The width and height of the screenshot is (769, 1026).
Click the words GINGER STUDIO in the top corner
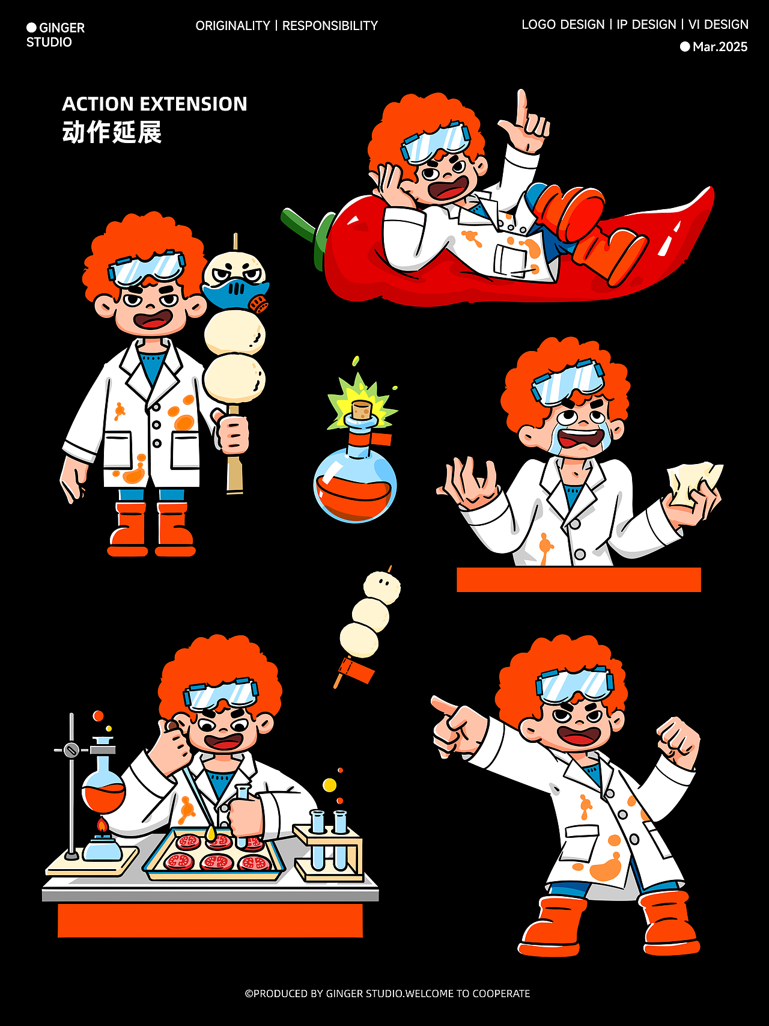point(55,35)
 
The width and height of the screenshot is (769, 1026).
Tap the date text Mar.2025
point(720,47)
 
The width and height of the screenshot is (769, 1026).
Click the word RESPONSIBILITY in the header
point(330,26)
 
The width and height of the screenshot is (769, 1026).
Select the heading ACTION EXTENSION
point(154,104)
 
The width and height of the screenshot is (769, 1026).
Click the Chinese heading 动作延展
point(112,132)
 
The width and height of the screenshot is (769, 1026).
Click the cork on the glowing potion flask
point(362,411)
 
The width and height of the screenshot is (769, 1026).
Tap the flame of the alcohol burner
point(102,825)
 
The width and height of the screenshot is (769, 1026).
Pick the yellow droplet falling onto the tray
point(211,834)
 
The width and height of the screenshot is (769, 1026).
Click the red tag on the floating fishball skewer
point(357,670)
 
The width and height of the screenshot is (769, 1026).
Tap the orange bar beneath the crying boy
point(579,579)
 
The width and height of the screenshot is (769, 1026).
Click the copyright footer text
point(388,994)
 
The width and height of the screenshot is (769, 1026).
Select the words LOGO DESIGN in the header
point(563,25)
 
